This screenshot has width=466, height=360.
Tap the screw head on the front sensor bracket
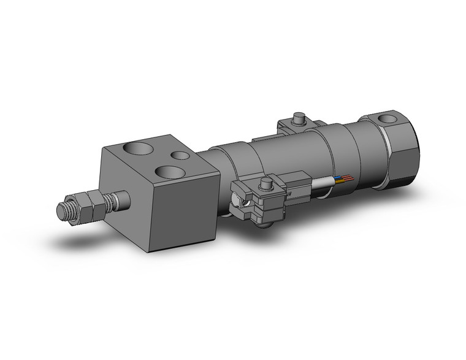[266, 183]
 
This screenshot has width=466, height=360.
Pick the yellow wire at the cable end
[339, 182]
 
